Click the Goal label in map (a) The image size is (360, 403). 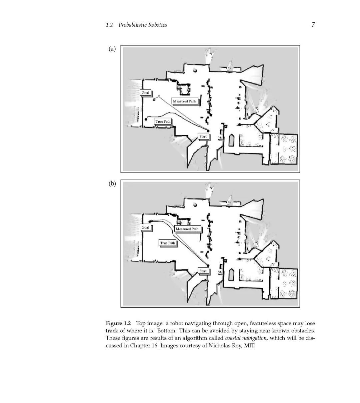145,93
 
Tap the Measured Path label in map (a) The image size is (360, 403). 184,101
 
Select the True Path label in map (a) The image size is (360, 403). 163,121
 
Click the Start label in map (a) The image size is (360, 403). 203,136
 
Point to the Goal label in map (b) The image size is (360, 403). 145,227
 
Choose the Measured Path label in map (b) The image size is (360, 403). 187,229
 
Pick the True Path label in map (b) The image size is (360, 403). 167,243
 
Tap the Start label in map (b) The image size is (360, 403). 203,271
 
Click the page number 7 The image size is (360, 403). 313,24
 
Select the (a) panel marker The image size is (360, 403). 112,49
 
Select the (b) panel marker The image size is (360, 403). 112,183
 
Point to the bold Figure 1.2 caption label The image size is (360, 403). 118,323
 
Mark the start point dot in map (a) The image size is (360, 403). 208,131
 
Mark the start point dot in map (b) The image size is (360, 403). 208,266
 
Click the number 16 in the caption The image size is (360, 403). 155,345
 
